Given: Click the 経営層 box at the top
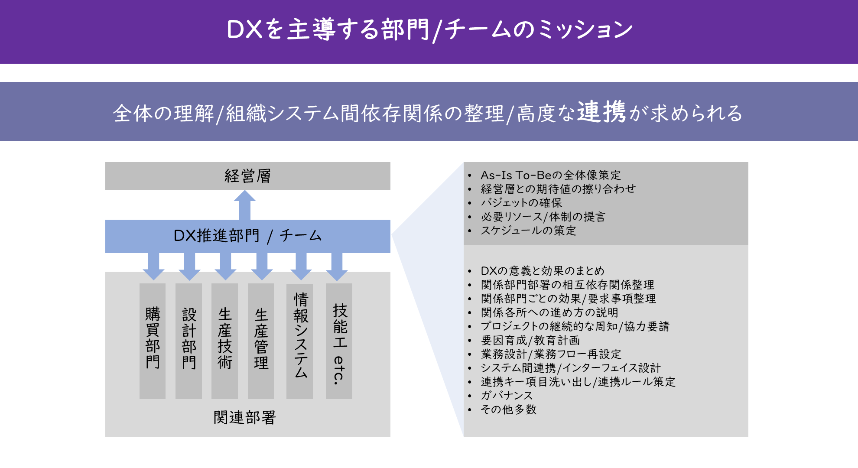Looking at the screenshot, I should (x=247, y=176).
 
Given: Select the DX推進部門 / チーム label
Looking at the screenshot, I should (x=247, y=236).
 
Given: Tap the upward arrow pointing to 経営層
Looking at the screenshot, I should (x=245, y=205).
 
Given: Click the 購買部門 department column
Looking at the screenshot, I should (x=153, y=341).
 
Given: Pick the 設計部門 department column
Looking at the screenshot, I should (x=188, y=341).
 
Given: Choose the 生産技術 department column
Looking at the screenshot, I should (x=224, y=341).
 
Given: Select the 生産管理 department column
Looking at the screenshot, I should (x=261, y=341).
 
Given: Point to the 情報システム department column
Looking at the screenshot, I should (x=300, y=341).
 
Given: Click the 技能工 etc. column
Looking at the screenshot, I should (x=339, y=341).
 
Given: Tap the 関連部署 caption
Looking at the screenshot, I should (x=245, y=418).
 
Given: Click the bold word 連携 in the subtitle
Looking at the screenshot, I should (x=601, y=112).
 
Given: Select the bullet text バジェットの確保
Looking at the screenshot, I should (x=521, y=203).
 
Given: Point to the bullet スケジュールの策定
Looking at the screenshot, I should (x=528, y=231).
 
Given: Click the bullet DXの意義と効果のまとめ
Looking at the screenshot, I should (x=543, y=271).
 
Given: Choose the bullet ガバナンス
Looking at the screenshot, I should (x=507, y=396).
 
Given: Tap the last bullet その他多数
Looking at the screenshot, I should (x=509, y=409).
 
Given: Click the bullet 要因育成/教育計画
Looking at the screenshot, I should (x=530, y=340).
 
